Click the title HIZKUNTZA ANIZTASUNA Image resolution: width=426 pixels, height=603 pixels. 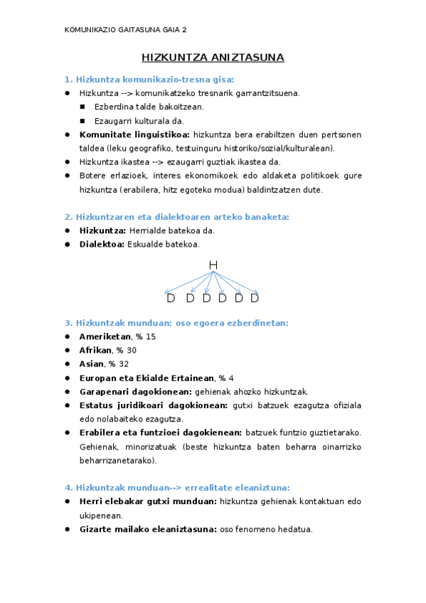click(x=213, y=58)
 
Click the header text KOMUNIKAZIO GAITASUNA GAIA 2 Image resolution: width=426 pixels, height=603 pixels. click(x=126, y=30)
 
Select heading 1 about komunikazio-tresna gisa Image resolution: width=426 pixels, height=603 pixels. click(x=149, y=79)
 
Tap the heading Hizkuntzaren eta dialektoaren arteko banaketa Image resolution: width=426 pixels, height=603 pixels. click(x=177, y=217)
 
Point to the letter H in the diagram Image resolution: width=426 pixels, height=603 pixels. click(x=213, y=265)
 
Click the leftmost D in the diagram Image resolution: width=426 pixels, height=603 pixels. click(x=171, y=298)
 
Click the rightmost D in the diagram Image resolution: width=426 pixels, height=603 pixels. click(x=255, y=298)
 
